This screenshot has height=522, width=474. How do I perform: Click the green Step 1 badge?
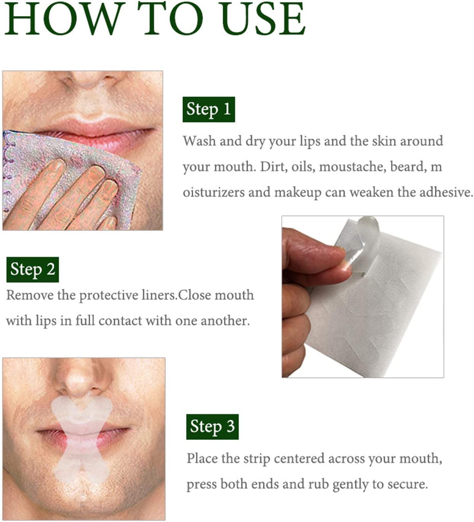click(208, 109)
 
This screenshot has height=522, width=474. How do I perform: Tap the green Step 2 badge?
click(32, 270)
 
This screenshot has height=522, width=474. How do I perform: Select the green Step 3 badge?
click(212, 426)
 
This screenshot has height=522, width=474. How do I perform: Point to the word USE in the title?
click(263, 19)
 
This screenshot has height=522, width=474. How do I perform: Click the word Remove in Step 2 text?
click(30, 295)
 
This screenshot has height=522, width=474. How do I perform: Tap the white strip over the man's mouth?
click(82, 438)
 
